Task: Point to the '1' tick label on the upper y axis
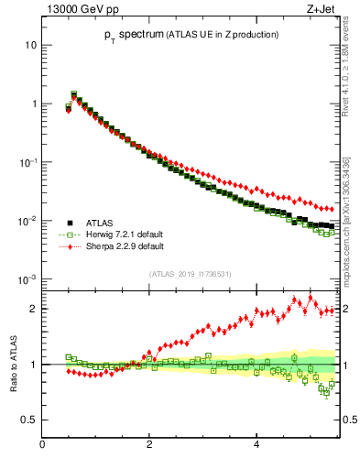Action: point(33,104)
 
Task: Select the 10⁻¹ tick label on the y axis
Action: point(28,161)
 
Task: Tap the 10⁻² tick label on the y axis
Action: point(28,220)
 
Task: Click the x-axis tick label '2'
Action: point(149,445)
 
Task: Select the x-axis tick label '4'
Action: point(256,445)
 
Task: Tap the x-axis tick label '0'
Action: point(42,445)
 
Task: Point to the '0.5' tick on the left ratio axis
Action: point(28,420)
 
